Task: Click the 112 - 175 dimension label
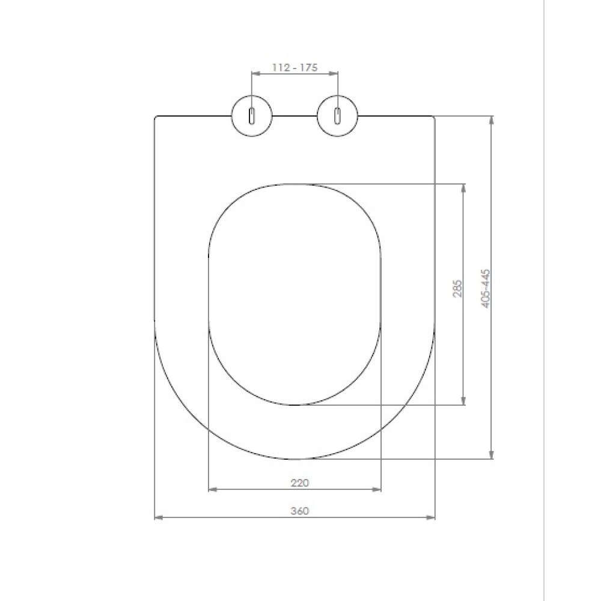pos(294,67)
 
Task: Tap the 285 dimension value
pos(457,288)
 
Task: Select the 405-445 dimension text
pos(486,288)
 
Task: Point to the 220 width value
pos(300,483)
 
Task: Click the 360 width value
pos(300,511)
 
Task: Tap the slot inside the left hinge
pos(251,116)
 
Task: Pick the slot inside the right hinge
pos(337,116)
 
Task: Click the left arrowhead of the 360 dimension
pos(159,517)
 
